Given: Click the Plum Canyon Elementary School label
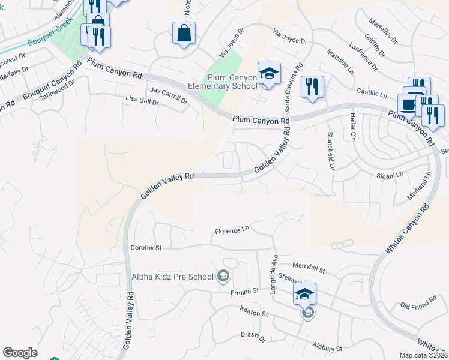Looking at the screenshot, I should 232,82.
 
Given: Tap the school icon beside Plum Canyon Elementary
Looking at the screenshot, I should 269,74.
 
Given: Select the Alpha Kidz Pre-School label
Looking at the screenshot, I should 173,277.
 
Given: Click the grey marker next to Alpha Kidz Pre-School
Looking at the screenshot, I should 224,276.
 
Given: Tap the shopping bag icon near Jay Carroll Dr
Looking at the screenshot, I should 184,34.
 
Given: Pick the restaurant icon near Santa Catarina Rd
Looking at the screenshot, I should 312,87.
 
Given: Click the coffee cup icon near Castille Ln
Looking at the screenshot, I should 409,104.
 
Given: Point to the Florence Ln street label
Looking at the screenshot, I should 232,230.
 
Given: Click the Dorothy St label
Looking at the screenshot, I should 146,247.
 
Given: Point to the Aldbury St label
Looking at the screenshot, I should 327,347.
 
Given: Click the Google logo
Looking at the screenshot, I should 20,353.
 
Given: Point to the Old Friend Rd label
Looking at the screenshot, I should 418,307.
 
